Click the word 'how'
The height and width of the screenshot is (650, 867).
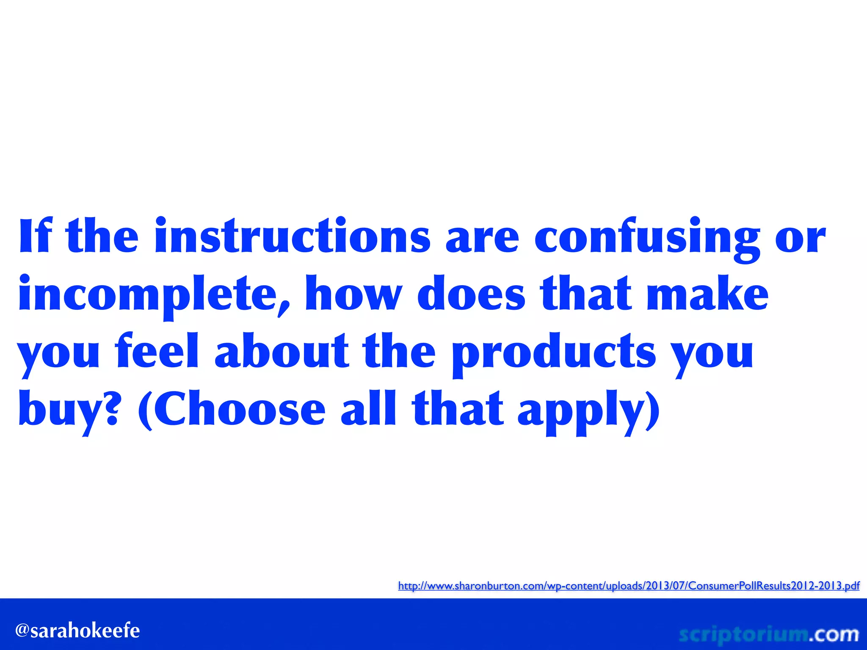tap(353, 294)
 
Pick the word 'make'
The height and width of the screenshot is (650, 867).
tap(707, 294)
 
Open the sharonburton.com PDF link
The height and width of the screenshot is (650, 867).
tap(629, 586)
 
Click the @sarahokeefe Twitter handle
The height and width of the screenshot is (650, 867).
tap(77, 631)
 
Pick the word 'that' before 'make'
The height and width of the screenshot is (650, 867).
tap(586, 294)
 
